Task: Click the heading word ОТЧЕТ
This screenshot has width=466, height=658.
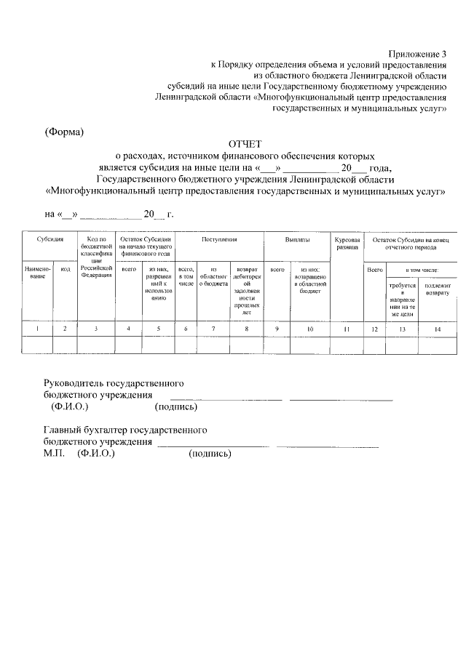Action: click(x=244, y=144)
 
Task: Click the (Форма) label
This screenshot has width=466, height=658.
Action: click(x=64, y=132)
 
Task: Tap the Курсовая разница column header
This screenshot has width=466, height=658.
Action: click(x=347, y=243)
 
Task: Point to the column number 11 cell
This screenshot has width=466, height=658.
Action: click(x=347, y=329)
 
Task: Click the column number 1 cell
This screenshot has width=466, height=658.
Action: click(x=37, y=329)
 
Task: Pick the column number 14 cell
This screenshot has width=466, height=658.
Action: click(x=437, y=329)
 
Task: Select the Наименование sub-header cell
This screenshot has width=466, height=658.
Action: click(x=37, y=273)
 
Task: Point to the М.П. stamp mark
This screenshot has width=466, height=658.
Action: click(x=53, y=454)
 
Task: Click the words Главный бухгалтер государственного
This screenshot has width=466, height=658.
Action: click(x=125, y=430)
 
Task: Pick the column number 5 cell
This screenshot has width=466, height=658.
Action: click(x=159, y=329)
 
